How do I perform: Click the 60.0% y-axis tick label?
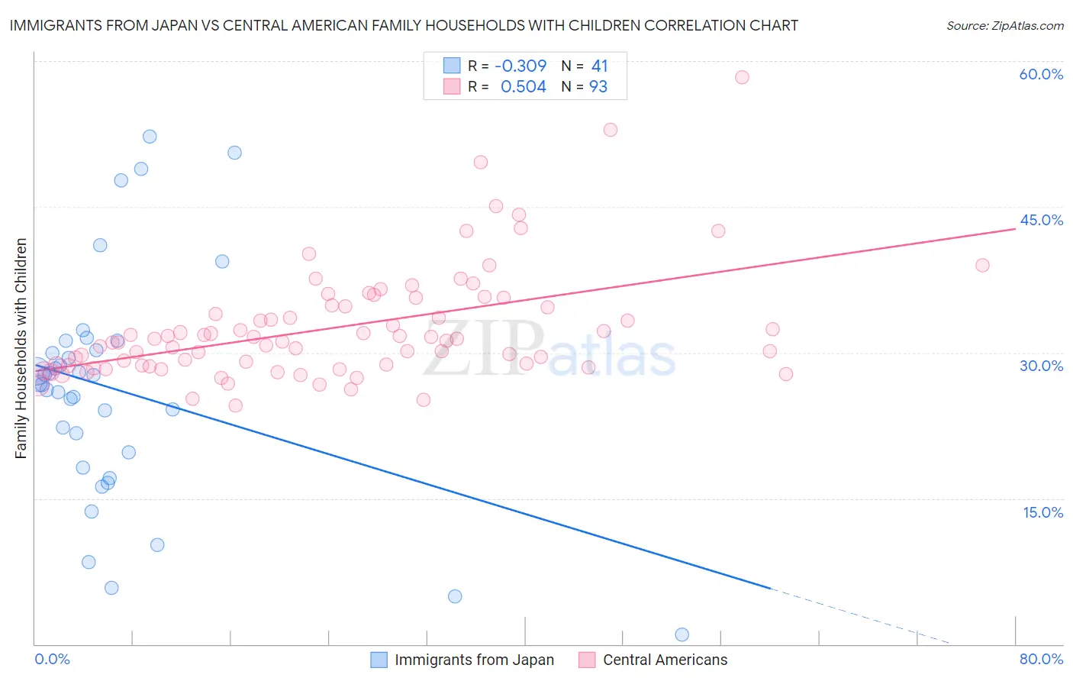pos(1041,74)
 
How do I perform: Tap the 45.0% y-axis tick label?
pos(1041,220)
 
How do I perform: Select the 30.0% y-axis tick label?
pos(1041,366)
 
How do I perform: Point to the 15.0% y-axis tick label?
pos(1042,512)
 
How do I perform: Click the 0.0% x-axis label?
pos(52,659)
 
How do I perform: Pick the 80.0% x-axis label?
pos(1041,659)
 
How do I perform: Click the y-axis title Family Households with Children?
pos(21,349)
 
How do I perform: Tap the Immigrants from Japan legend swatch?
pos(379,660)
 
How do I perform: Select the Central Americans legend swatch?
pos(587,660)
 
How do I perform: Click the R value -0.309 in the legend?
pos(520,66)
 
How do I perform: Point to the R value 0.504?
pos(523,86)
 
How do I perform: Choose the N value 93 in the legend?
pos(598,86)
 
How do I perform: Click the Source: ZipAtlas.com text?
pos(1004,26)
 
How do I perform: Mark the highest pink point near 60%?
pos(742,77)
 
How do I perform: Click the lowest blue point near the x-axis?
pos(681,634)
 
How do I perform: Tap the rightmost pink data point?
pos(982,265)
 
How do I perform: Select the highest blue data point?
pos(150,137)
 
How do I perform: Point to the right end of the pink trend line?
pos(1015,228)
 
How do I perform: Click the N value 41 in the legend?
pos(600,66)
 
